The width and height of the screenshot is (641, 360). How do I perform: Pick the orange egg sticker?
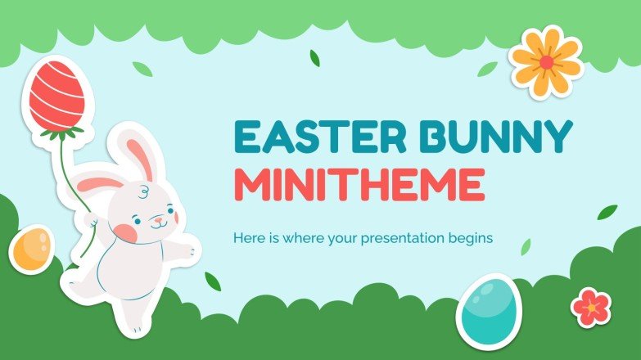[x=32, y=248]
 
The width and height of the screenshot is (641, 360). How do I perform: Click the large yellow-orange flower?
[x=546, y=63]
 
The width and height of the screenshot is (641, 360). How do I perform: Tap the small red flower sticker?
[x=591, y=307]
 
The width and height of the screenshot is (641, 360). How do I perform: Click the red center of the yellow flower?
[x=546, y=63]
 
